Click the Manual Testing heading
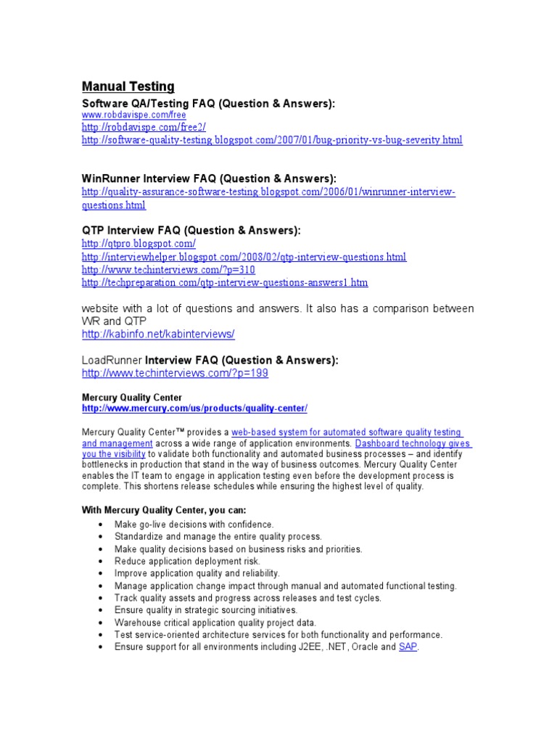pyautogui.click(x=128, y=87)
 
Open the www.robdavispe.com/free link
pyautogui.click(x=133, y=115)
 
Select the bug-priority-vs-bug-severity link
pyautogui.click(x=271, y=139)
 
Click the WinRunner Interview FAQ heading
pyautogui.click(x=209, y=178)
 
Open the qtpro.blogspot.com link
pyautogui.click(x=139, y=244)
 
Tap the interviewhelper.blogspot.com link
pyautogui.click(x=244, y=257)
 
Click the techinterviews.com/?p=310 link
pyautogui.click(x=168, y=270)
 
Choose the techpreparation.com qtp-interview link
pyautogui.click(x=225, y=282)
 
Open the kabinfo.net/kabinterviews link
pyautogui.click(x=158, y=334)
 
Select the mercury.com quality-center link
pyautogui.click(x=194, y=409)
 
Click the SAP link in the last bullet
pyautogui.click(x=408, y=646)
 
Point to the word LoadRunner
pyautogui.click(x=112, y=360)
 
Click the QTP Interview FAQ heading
pyautogui.click(x=191, y=231)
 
